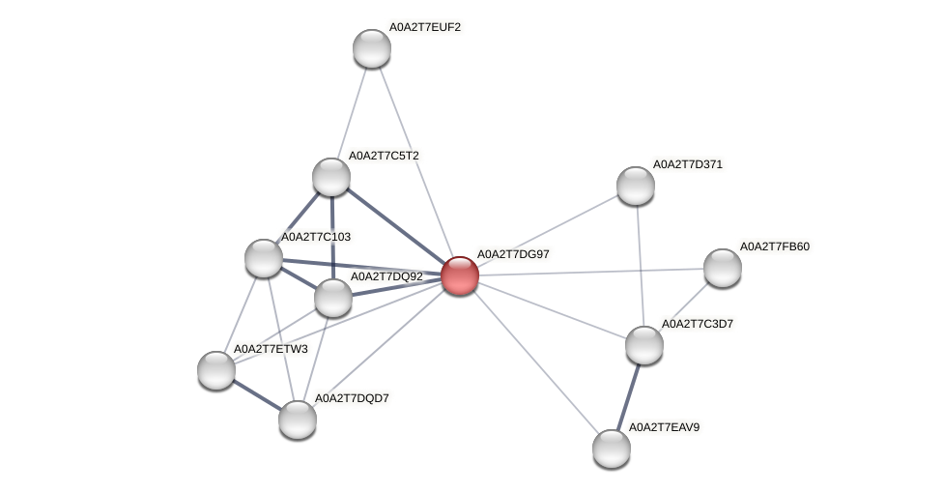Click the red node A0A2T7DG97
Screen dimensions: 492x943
pyautogui.click(x=459, y=275)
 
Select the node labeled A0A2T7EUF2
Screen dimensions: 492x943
pyautogui.click(x=372, y=48)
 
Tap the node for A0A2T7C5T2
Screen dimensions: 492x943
pyautogui.click(x=331, y=177)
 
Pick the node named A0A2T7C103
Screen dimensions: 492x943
pyautogui.click(x=264, y=258)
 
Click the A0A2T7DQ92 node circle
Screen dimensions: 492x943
pyautogui.click(x=333, y=298)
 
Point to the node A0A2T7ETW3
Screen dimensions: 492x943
pyautogui.click(x=216, y=369)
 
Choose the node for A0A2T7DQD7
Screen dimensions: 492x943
pyautogui.click(x=298, y=420)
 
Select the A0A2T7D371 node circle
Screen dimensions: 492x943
pyautogui.click(x=636, y=186)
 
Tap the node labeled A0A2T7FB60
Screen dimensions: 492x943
pyautogui.click(x=722, y=268)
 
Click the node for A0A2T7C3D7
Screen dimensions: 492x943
pyautogui.click(x=644, y=345)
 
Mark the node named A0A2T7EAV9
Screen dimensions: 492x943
pyautogui.click(x=612, y=449)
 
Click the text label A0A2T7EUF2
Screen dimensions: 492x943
pyautogui.click(x=425, y=27)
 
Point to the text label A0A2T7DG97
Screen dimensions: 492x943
pyautogui.click(x=513, y=254)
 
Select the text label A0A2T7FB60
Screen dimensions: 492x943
pyautogui.click(x=775, y=246)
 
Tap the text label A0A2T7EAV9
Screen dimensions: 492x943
pyautogui.click(x=664, y=427)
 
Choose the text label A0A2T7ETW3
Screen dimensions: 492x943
pyautogui.click(x=271, y=349)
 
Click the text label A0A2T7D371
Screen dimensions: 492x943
pyautogui.click(x=688, y=164)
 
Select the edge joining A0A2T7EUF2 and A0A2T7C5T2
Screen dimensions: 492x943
pyautogui.click(x=352, y=112)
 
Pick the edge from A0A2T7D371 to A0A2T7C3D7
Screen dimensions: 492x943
pyautogui.click(x=640, y=265)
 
